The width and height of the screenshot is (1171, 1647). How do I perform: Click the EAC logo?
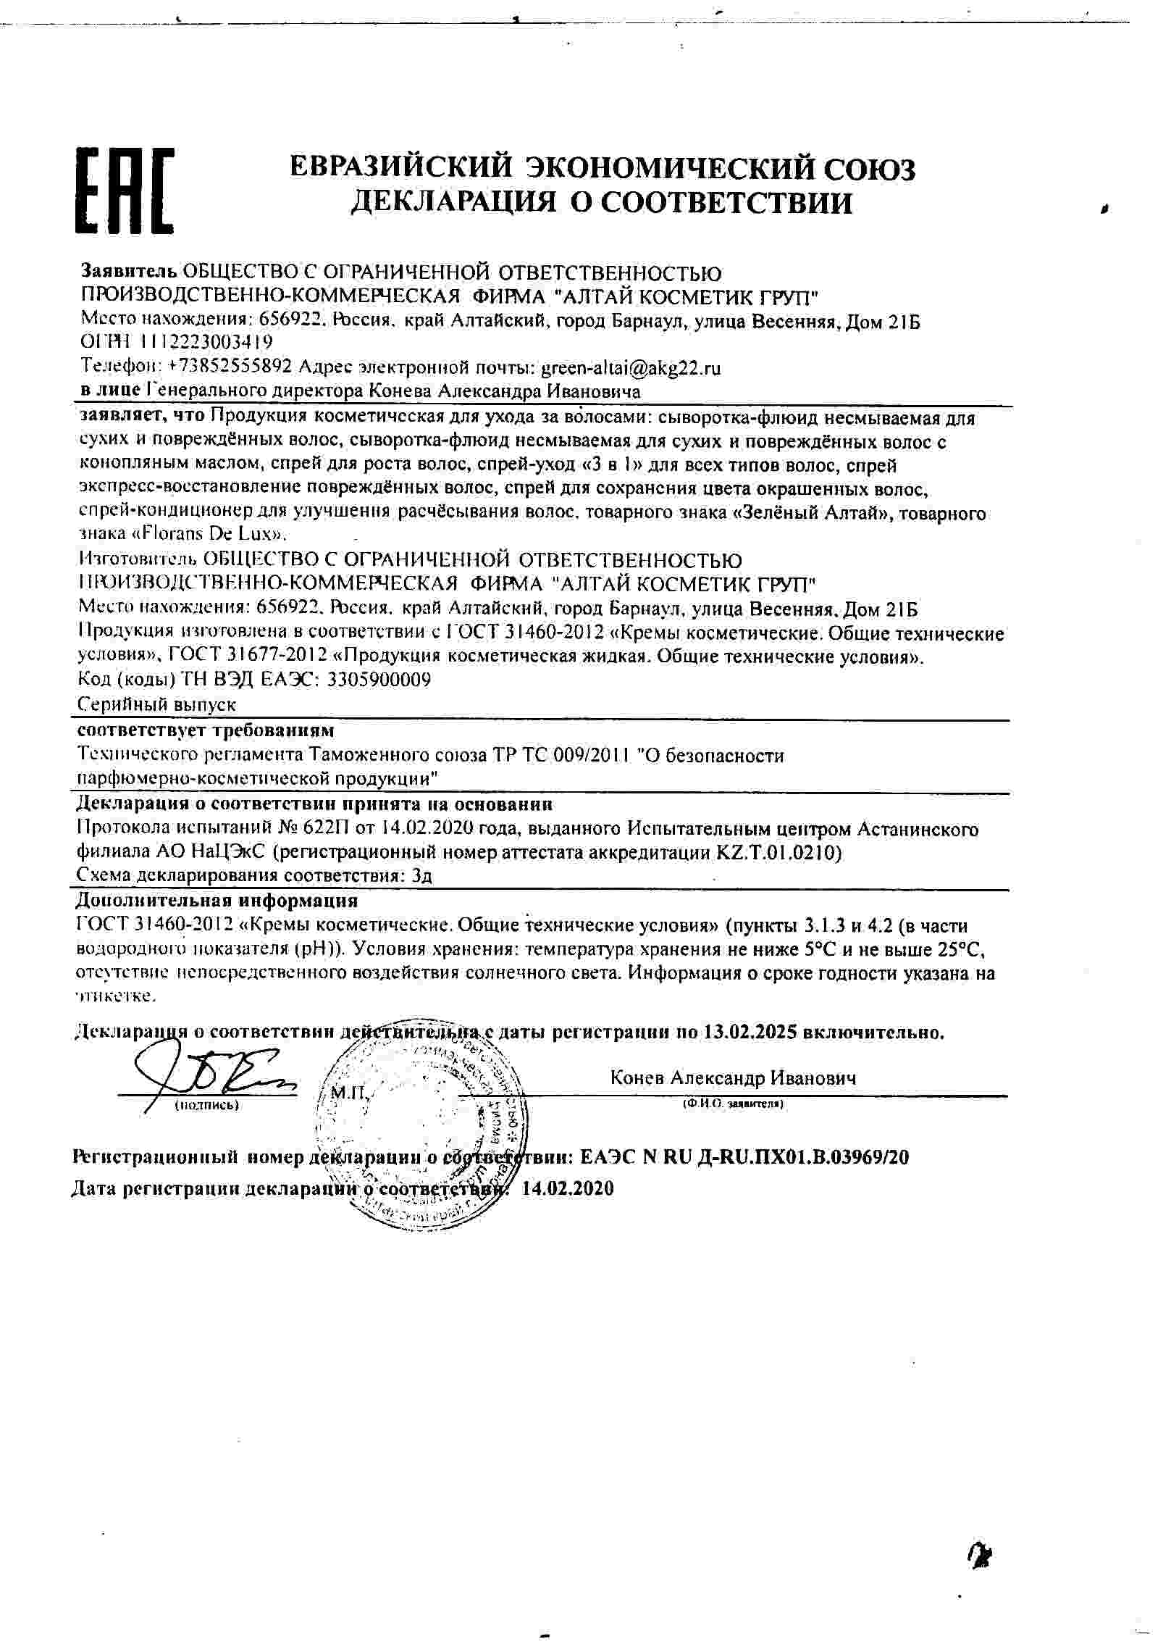pos(125,191)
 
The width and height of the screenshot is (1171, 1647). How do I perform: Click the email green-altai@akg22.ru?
pos(631,367)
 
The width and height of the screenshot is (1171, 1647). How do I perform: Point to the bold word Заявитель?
pos(128,273)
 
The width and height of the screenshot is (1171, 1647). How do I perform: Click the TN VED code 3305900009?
pos(379,680)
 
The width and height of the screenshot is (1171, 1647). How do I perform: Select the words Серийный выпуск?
pos(156,704)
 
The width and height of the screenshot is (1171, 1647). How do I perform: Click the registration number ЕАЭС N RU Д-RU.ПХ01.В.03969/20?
pos(744,1157)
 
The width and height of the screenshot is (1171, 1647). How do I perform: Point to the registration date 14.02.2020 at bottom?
pos(567,1188)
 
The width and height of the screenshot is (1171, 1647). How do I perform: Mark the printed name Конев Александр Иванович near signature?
pos(733,1079)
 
